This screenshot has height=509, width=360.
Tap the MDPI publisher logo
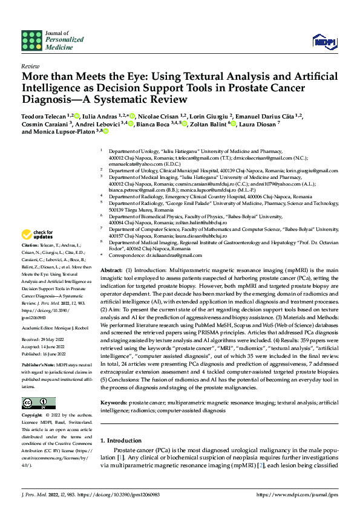(322, 41)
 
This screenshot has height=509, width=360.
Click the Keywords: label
(113, 402)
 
